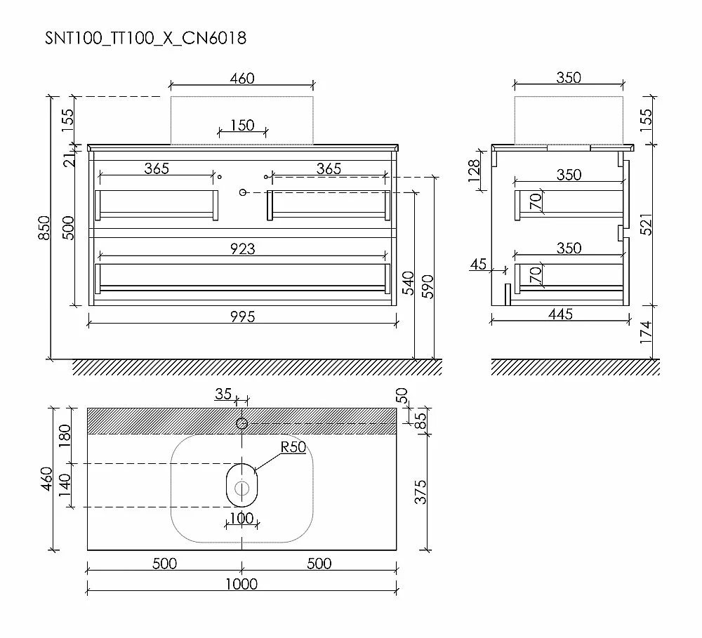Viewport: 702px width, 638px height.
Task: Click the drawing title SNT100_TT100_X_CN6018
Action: pos(145,38)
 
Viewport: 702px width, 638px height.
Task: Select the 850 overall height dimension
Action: pos(44,228)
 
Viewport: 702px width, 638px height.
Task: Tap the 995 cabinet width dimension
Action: pos(243,317)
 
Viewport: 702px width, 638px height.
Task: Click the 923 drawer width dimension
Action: pos(243,248)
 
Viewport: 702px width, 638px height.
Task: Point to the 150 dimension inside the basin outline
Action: pos(242,125)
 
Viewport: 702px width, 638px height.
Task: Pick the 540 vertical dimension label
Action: pos(408,283)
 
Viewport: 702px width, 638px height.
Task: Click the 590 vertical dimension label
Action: pos(428,286)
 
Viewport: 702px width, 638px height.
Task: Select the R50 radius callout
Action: pos(293,447)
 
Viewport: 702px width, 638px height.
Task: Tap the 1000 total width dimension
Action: pos(241,584)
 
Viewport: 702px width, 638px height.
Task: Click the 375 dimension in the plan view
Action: pos(420,492)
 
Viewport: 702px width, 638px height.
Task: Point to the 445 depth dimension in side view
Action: pos(560,314)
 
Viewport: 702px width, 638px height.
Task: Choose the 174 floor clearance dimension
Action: pos(645,332)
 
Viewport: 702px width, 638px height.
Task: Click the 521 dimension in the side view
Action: pos(646,225)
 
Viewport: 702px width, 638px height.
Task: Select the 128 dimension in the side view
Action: pos(474,171)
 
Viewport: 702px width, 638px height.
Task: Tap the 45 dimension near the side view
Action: pos(478,264)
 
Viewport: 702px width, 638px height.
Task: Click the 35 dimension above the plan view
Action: pos(223,394)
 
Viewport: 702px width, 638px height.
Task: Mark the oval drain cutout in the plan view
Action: pos(241,485)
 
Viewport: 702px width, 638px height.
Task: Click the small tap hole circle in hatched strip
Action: pos(241,423)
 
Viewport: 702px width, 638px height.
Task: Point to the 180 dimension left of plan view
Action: pos(65,436)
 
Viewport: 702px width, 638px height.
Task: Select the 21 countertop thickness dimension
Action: pos(69,160)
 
